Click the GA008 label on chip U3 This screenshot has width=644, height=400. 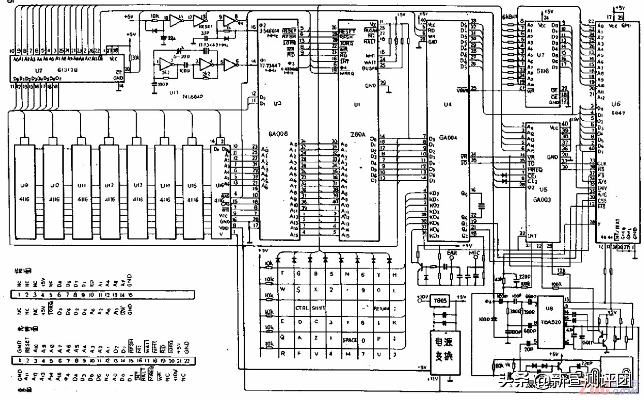pyautogui.click(x=278, y=134)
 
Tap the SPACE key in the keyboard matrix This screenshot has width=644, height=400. pyautogui.click(x=350, y=340)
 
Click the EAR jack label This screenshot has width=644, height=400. pyautogui.click(x=452, y=252)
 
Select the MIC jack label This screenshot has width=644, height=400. pyautogui.click(x=474, y=252)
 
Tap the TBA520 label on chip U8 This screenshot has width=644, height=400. pyautogui.click(x=550, y=322)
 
